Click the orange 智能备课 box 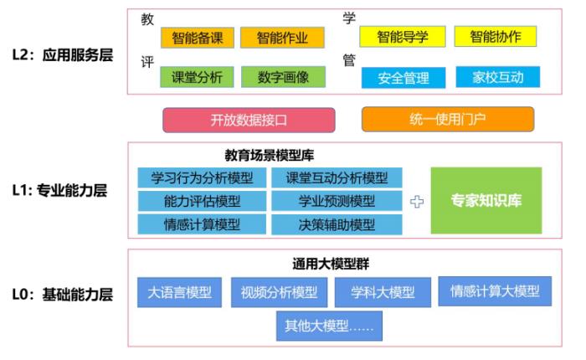coord(198,38)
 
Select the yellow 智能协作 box coord(496,36)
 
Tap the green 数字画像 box coord(283,77)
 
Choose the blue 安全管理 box coord(404,78)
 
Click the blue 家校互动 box coord(498,77)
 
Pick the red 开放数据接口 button coord(249,120)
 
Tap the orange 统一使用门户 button coord(448,119)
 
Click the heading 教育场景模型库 coord(269,155)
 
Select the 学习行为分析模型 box coord(202,177)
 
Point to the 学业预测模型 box coord(337,201)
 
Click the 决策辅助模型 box coord(337,224)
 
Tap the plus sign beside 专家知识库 coord(417,202)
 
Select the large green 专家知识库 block coord(486,200)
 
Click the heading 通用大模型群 coord(331,264)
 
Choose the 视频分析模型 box coord(279,292)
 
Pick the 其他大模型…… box coord(329,326)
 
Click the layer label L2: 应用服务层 coord(63,55)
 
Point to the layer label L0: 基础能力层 coord(63,294)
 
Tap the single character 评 coord(147,62)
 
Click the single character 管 coord(349,59)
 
